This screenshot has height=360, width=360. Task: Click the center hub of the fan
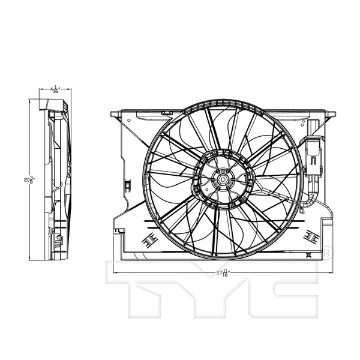(x=221, y=178)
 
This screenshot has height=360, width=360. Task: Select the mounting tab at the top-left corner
(x=117, y=113)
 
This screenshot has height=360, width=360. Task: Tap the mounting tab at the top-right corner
(x=329, y=113)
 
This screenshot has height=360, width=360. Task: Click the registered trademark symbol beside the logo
(x=328, y=253)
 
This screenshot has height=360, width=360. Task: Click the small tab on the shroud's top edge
(x=167, y=112)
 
